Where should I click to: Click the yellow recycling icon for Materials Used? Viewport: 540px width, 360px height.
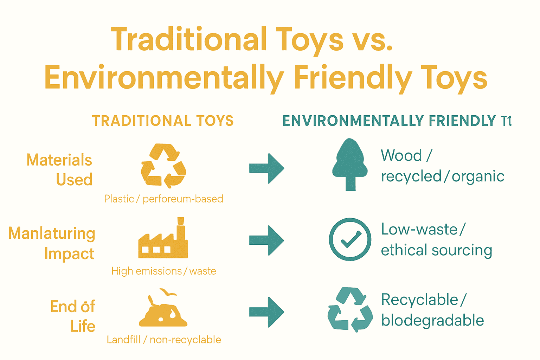point(163,165)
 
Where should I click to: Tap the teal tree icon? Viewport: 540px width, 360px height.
point(350,165)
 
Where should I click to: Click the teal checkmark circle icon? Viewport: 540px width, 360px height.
point(350,239)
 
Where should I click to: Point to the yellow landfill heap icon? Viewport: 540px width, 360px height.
point(163,309)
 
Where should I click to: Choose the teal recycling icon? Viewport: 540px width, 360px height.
point(350,310)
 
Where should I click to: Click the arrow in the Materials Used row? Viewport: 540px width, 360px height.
point(266,168)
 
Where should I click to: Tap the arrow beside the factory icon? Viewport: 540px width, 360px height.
point(266,240)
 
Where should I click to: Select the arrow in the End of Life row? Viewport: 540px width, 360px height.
point(266,312)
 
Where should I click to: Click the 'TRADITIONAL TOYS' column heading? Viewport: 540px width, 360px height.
point(163,121)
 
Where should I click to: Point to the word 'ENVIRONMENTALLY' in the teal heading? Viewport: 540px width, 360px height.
point(353,121)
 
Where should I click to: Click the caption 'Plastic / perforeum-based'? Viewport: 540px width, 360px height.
point(163,199)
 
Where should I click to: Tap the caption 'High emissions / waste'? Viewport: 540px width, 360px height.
point(163,271)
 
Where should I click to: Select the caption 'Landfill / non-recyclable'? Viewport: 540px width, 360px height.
point(164,340)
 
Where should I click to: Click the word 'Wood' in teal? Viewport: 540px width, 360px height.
point(401,155)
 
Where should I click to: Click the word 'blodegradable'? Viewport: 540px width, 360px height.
point(432,321)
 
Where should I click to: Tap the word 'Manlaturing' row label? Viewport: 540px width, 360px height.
point(52,234)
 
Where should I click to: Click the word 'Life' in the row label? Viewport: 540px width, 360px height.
point(83,326)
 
